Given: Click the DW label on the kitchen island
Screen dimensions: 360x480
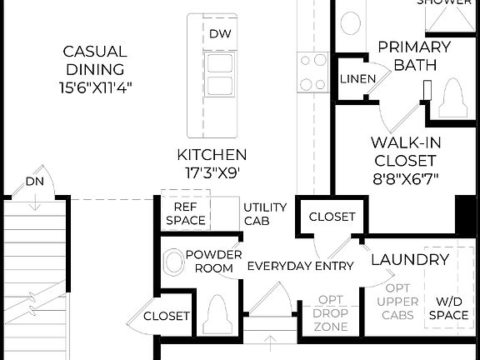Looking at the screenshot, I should tap(219, 34).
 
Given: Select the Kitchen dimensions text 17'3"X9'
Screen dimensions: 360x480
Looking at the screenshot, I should tap(212, 172).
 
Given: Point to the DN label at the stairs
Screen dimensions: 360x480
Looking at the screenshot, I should tap(34, 182).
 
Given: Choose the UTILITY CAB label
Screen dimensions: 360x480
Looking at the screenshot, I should tap(265, 214).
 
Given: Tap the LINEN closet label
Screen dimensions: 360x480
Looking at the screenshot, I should tap(356, 79).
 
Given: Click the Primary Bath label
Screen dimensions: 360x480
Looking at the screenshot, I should tap(414, 56).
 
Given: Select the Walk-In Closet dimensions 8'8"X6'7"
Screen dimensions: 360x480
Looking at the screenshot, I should tap(404, 177).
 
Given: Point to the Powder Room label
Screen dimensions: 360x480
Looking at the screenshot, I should tap(213, 261).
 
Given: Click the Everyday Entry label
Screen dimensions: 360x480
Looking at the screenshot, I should tap(301, 266).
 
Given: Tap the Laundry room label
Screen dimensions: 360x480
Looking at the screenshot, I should tap(409, 260).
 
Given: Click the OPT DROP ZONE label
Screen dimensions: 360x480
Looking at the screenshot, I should tap(331, 313).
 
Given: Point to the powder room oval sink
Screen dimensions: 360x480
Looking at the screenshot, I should tap(173, 262).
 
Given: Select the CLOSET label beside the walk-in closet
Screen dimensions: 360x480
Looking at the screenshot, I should tap(332, 217).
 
